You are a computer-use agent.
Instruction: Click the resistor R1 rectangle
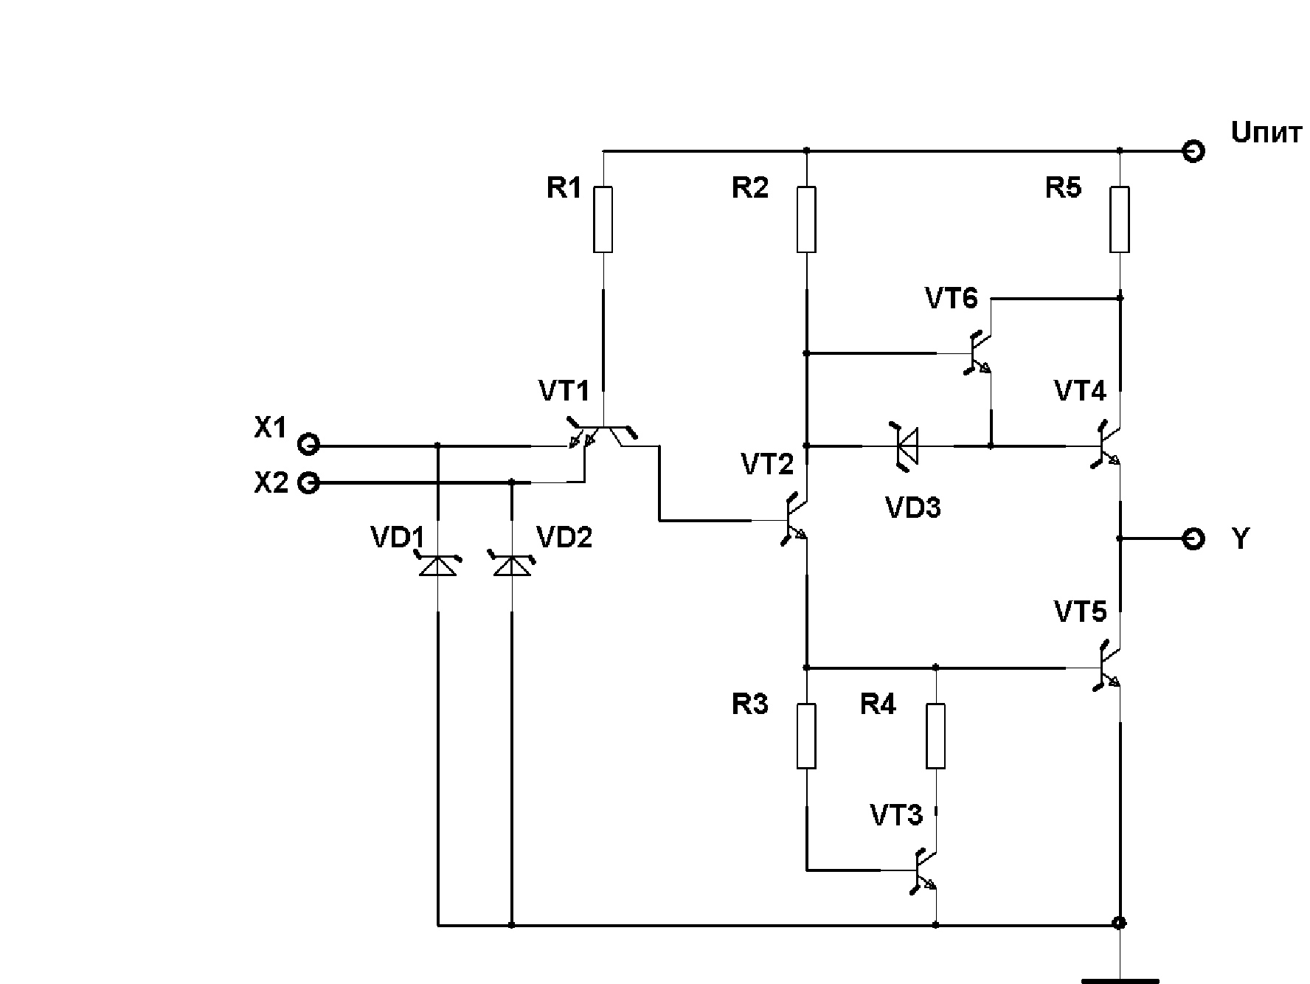coord(603,220)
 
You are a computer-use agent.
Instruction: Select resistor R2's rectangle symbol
coord(806,220)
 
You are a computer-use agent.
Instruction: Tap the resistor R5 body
coord(1120,220)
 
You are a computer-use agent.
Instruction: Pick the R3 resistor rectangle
coord(806,736)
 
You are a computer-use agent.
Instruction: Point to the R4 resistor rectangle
coord(935,736)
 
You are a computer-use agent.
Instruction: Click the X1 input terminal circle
coord(308,446)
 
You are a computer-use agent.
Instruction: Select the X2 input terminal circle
coord(308,483)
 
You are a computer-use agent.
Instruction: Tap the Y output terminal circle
coord(1193,538)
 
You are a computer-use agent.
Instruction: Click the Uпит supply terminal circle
coord(1193,151)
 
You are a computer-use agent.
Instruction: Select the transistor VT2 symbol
coord(794,519)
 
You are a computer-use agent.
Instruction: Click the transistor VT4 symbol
coord(1106,445)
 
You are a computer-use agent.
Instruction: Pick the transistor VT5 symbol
coord(1106,667)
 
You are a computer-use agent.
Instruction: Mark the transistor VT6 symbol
coord(978,353)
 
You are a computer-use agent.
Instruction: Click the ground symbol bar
coord(1120,980)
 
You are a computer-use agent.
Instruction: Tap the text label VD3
coord(913,507)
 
